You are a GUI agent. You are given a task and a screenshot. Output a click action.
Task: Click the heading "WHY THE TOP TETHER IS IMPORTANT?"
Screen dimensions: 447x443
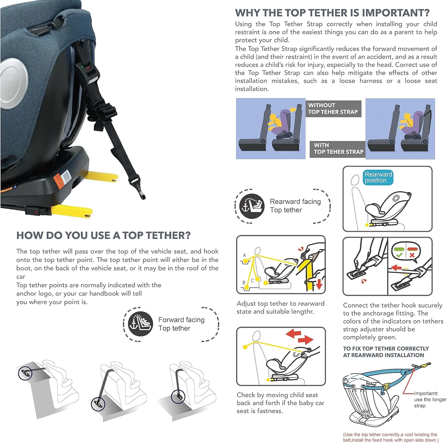click(332, 13)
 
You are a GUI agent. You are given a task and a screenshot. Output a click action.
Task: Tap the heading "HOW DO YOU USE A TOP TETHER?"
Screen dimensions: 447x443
click(103, 235)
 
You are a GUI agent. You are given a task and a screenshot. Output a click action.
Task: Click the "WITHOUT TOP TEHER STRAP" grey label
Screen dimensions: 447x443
click(333, 109)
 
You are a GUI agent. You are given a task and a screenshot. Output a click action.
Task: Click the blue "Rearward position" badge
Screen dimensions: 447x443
click(378, 177)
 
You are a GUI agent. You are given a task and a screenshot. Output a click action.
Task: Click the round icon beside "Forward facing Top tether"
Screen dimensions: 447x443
click(140, 323)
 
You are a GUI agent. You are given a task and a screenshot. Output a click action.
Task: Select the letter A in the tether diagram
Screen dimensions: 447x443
click(244, 255)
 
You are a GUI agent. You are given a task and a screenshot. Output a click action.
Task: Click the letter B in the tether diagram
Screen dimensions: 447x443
click(244, 282)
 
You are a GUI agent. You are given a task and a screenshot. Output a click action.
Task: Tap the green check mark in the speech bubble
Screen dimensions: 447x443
click(399, 255)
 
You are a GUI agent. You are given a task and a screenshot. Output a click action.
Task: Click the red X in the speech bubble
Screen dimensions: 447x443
click(412, 255)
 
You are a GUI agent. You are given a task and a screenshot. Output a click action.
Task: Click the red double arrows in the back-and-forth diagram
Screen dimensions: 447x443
click(299, 336)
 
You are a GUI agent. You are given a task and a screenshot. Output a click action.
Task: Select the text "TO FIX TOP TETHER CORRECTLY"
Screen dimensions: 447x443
click(386, 348)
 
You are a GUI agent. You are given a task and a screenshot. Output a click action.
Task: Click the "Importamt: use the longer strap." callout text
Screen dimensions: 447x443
click(430, 399)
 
